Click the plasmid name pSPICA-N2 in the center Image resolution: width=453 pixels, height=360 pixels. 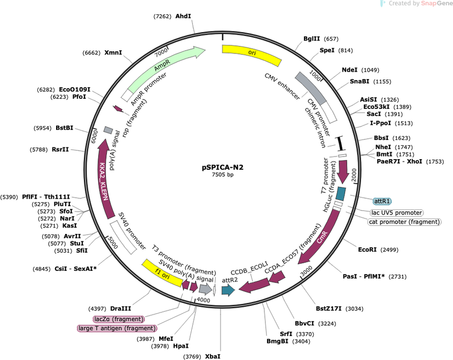pyautogui.click(x=222, y=167)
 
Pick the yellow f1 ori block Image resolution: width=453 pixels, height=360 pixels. pyautogui.click(x=162, y=273)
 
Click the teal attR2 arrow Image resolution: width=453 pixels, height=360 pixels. pyautogui.click(x=228, y=290)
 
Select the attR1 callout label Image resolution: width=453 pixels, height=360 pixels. pyautogui.click(x=382, y=201)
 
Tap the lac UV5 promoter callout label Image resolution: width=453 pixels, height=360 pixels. pyautogui.click(x=396, y=213)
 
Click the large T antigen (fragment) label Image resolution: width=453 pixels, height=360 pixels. pyautogui.click(x=117, y=328)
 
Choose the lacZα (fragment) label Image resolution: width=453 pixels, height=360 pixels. pyautogui.click(x=119, y=319)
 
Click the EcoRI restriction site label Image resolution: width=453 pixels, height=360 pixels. pyautogui.click(x=367, y=249)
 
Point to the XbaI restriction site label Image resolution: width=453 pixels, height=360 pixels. pyautogui.click(x=213, y=356)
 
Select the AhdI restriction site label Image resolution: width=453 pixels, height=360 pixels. pyautogui.click(x=183, y=16)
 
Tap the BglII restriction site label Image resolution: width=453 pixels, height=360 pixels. pyautogui.click(x=312, y=38)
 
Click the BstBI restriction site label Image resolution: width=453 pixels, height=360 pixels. pyautogui.click(x=65, y=128)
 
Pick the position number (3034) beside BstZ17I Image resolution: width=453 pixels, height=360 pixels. pyautogui.click(x=354, y=309)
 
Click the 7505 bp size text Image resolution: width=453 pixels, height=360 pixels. pyautogui.click(x=222, y=175)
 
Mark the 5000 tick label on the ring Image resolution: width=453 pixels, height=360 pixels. pyautogui.click(x=113, y=242)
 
